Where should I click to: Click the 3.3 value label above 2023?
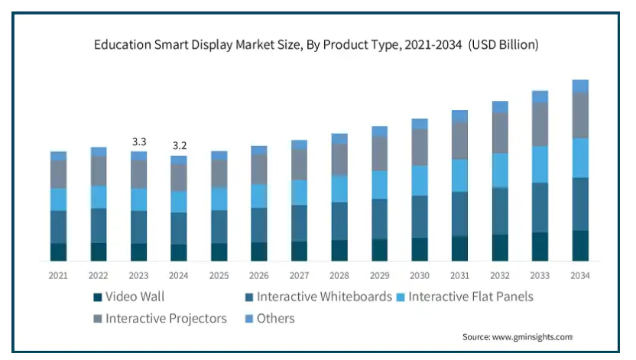point(138,142)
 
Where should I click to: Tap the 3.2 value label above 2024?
point(179,146)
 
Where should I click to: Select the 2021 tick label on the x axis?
point(58,275)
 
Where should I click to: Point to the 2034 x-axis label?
point(580,275)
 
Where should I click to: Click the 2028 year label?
point(339,275)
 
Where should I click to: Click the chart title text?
point(316,45)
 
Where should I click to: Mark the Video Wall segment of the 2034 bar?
point(580,245)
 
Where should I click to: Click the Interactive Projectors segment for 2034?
point(580,115)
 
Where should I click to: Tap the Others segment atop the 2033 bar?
point(540,96)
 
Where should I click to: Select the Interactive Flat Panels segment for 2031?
point(459,175)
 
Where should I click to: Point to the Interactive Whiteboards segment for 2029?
point(379,219)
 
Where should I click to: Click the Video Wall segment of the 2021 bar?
point(58,252)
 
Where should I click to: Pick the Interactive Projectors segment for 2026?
point(259,169)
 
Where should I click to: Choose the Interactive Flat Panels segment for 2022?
point(99,196)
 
